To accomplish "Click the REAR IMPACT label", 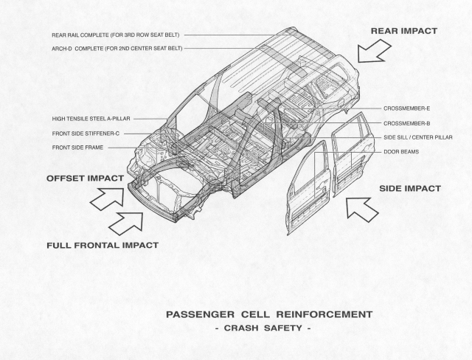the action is pyautogui.click(x=403, y=31).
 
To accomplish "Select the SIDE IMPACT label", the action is pyautogui.click(x=410, y=189).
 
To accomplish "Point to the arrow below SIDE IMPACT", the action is pyautogui.click(x=361, y=209).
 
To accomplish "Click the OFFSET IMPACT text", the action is pyautogui.click(x=85, y=179).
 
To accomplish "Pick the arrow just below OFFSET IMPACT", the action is pyautogui.click(x=108, y=198).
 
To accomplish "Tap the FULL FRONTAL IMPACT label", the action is pyautogui.click(x=103, y=246).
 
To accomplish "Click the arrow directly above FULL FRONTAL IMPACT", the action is pyautogui.click(x=126, y=223).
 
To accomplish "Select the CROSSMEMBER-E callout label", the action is pyautogui.click(x=406, y=108).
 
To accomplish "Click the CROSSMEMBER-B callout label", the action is pyautogui.click(x=406, y=123).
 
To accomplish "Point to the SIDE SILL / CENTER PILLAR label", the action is pyautogui.click(x=418, y=137).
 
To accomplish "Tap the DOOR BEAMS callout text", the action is pyautogui.click(x=401, y=152).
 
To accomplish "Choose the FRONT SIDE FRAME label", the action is pyautogui.click(x=77, y=148).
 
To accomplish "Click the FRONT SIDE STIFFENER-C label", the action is pyautogui.click(x=86, y=134).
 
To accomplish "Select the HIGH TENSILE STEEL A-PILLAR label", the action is pyautogui.click(x=91, y=119).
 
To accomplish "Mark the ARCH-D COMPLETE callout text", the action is pyautogui.click(x=117, y=49).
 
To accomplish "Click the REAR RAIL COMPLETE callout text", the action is pyautogui.click(x=116, y=35).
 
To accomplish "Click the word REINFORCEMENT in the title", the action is pyautogui.click(x=324, y=314).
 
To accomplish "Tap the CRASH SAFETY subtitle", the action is pyautogui.click(x=263, y=328).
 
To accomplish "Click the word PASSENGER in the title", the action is pyautogui.click(x=200, y=314).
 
